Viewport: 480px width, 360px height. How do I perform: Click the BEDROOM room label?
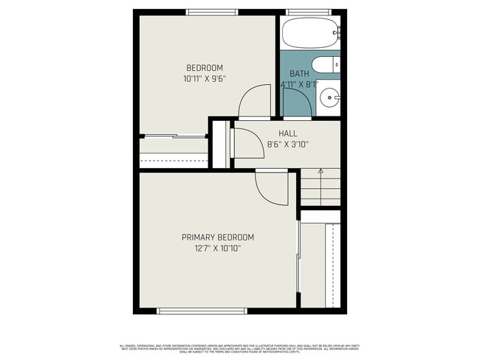(205, 68)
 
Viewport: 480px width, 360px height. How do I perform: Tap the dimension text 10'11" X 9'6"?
(205, 77)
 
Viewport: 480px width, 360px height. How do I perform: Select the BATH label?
(299, 74)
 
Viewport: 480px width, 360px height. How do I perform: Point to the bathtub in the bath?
(311, 32)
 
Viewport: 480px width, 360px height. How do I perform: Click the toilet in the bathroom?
(326, 66)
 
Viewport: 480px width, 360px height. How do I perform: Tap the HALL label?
(288, 134)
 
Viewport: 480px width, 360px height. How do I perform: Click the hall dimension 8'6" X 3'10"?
(288, 144)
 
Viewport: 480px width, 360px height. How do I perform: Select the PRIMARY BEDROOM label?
(218, 238)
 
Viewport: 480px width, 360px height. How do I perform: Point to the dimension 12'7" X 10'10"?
(218, 248)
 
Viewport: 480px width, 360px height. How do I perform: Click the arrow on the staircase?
(320, 172)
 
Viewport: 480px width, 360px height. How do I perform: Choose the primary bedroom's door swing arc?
(271, 188)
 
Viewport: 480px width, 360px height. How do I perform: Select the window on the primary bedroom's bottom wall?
(191, 311)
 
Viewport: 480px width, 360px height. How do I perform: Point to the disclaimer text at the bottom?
(239, 347)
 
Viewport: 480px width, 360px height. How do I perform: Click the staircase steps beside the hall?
(320, 188)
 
